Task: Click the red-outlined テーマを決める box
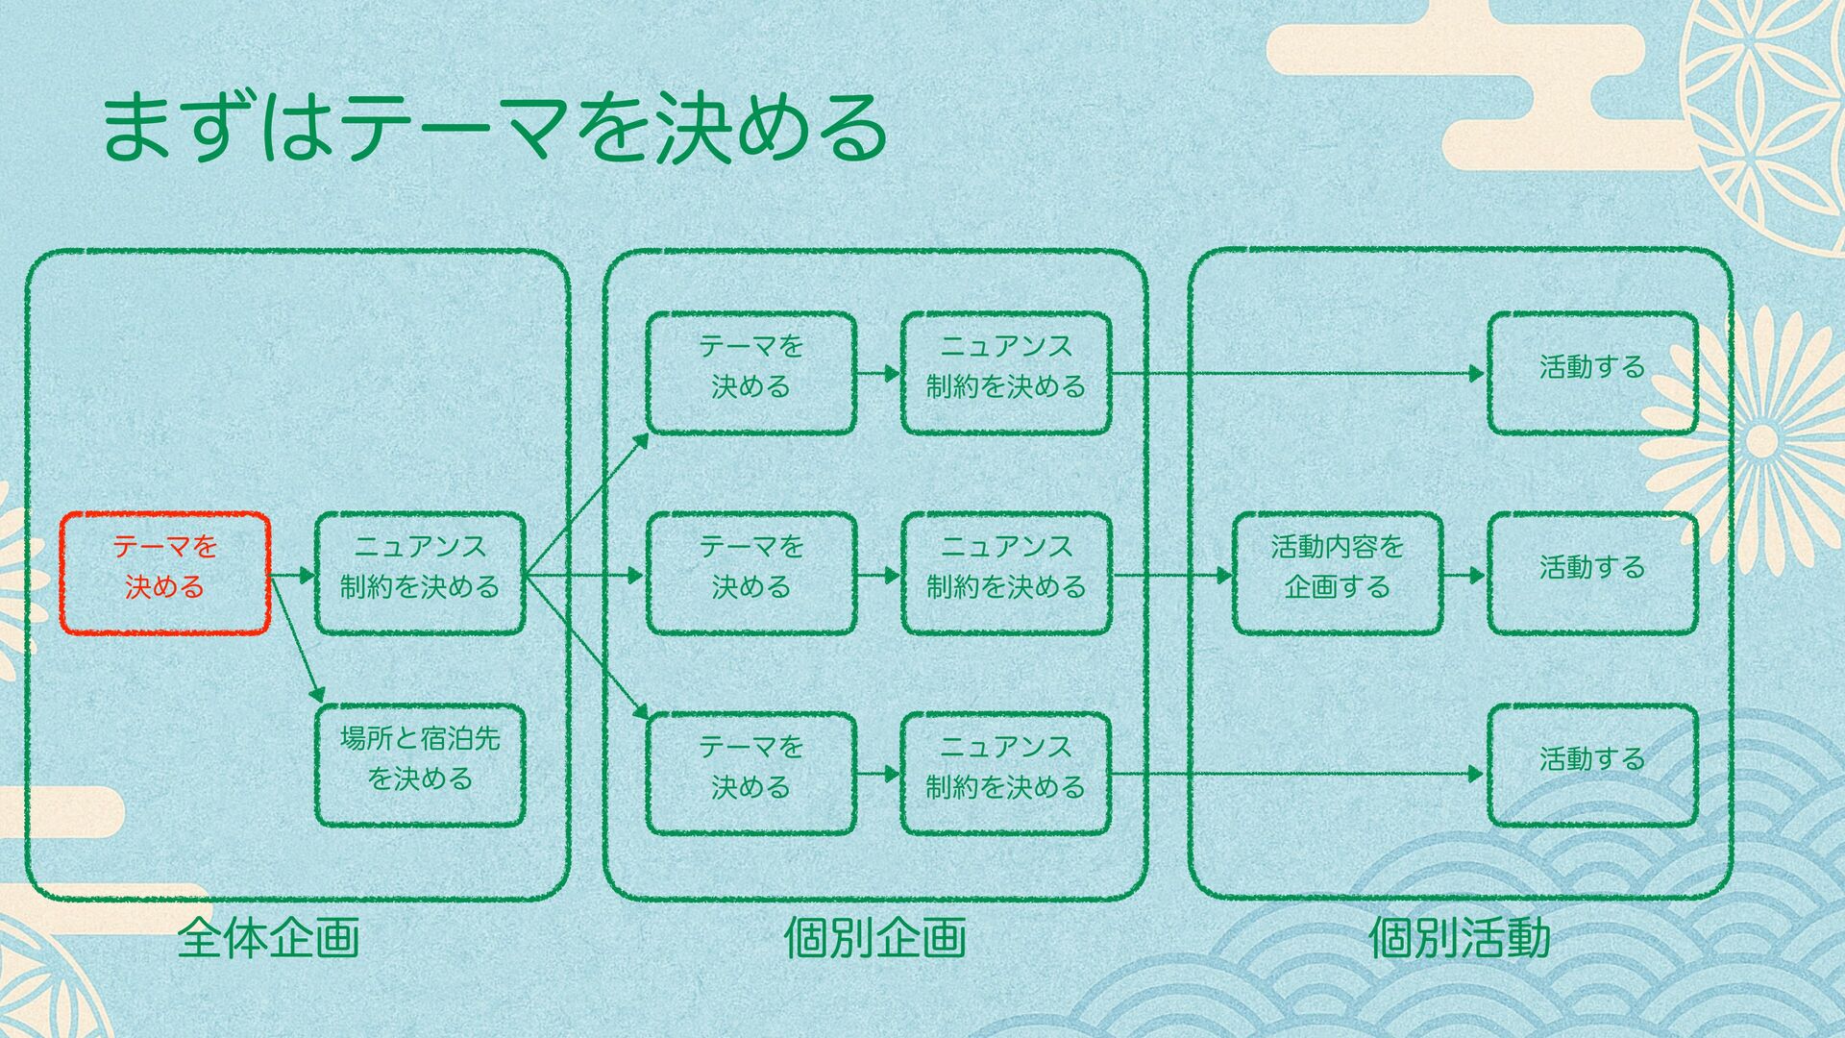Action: click(165, 574)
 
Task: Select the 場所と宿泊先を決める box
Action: click(420, 766)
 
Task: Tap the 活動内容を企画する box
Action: click(1337, 574)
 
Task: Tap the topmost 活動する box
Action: click(1591, 373)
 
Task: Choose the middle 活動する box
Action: click(1591, 574)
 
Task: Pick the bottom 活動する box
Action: click(1591, 766)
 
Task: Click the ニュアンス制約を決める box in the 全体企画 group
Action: click(420, 574)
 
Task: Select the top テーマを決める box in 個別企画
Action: click(750, 373)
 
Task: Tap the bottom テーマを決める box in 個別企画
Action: click(750, 774)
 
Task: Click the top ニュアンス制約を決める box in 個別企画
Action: click(1005, 373)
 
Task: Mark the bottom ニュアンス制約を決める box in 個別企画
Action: click(1005, 774)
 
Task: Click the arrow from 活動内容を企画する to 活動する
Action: click(1464, 576)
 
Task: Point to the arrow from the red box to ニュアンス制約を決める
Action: click(293, 576)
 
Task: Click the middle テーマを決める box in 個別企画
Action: click(750, 574)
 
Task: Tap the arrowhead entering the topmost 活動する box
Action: click(1478, 373)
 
